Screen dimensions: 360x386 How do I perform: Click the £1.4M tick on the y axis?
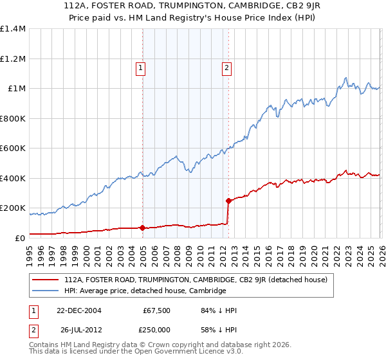click(x=13, y=29)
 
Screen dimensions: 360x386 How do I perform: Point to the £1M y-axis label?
click(x=15, y=89)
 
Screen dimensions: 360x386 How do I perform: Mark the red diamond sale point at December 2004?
click(x=142, y=228)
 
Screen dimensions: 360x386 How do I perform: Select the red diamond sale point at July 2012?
click(x=228, y=201)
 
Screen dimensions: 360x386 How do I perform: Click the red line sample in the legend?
click(x=46, y=280)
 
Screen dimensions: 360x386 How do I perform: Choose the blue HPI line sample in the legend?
click(x=46, y=291)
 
